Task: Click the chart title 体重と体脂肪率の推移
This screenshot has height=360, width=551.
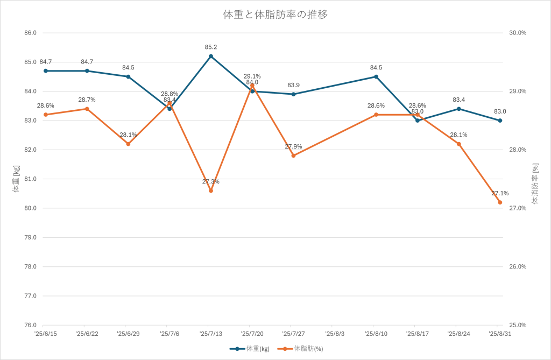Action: click(275, 15)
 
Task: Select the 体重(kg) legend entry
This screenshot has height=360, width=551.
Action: click(250, 349)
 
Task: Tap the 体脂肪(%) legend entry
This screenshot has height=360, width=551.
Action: click(301, 349)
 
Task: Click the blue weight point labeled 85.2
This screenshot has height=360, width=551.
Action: click(211, 56)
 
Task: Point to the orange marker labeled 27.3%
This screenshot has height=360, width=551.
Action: click(211, 190)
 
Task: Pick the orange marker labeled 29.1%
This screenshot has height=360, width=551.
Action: click(252, 86)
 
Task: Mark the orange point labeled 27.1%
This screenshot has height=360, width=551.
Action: click(500, 202)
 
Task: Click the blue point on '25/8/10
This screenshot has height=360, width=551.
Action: click(376, 76)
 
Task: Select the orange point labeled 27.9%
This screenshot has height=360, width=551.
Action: click(293, 156)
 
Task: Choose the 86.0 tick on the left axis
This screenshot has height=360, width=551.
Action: click(31, 33)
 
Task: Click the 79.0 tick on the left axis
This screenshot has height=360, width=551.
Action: click(31, 237)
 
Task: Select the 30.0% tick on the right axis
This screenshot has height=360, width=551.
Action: click(518, 33)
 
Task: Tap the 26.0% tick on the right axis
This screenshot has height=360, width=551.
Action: click(518, 267)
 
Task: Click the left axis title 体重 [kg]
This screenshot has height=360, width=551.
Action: click(16, 179)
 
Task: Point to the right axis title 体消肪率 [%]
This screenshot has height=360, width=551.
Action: click(535, 184)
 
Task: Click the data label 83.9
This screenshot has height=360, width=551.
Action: click(294, 85)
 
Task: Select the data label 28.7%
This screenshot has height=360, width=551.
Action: click(87, 100)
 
